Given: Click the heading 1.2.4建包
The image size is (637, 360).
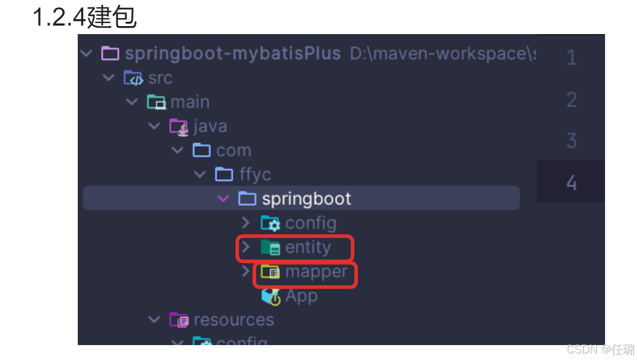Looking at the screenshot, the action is point(85,17).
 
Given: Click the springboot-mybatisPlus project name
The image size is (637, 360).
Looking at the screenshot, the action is point(232,54).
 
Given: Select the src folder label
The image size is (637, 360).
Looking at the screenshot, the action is point(160,78).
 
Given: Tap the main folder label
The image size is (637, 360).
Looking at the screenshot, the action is point(190,102).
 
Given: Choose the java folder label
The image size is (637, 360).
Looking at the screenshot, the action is point(210,126).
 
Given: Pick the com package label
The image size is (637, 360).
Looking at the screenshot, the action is point(233,151).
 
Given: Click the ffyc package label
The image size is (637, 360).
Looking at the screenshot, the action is point(255,175).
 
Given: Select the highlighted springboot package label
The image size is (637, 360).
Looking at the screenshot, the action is point(306,199).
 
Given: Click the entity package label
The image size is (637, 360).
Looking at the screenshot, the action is point(308,248).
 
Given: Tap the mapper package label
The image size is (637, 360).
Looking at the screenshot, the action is point(316,272).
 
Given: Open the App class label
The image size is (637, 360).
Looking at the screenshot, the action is point(301,296).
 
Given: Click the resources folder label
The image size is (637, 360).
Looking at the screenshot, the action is point(233,320).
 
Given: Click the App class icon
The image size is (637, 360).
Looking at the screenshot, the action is point(271,297).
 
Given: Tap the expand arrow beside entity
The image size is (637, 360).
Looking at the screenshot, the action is point(246,247).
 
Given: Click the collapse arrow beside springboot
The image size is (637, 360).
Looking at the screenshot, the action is point(223,199).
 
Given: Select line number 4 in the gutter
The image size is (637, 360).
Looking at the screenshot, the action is point(571,183).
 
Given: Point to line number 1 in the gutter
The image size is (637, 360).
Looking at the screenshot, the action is point(571,58).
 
